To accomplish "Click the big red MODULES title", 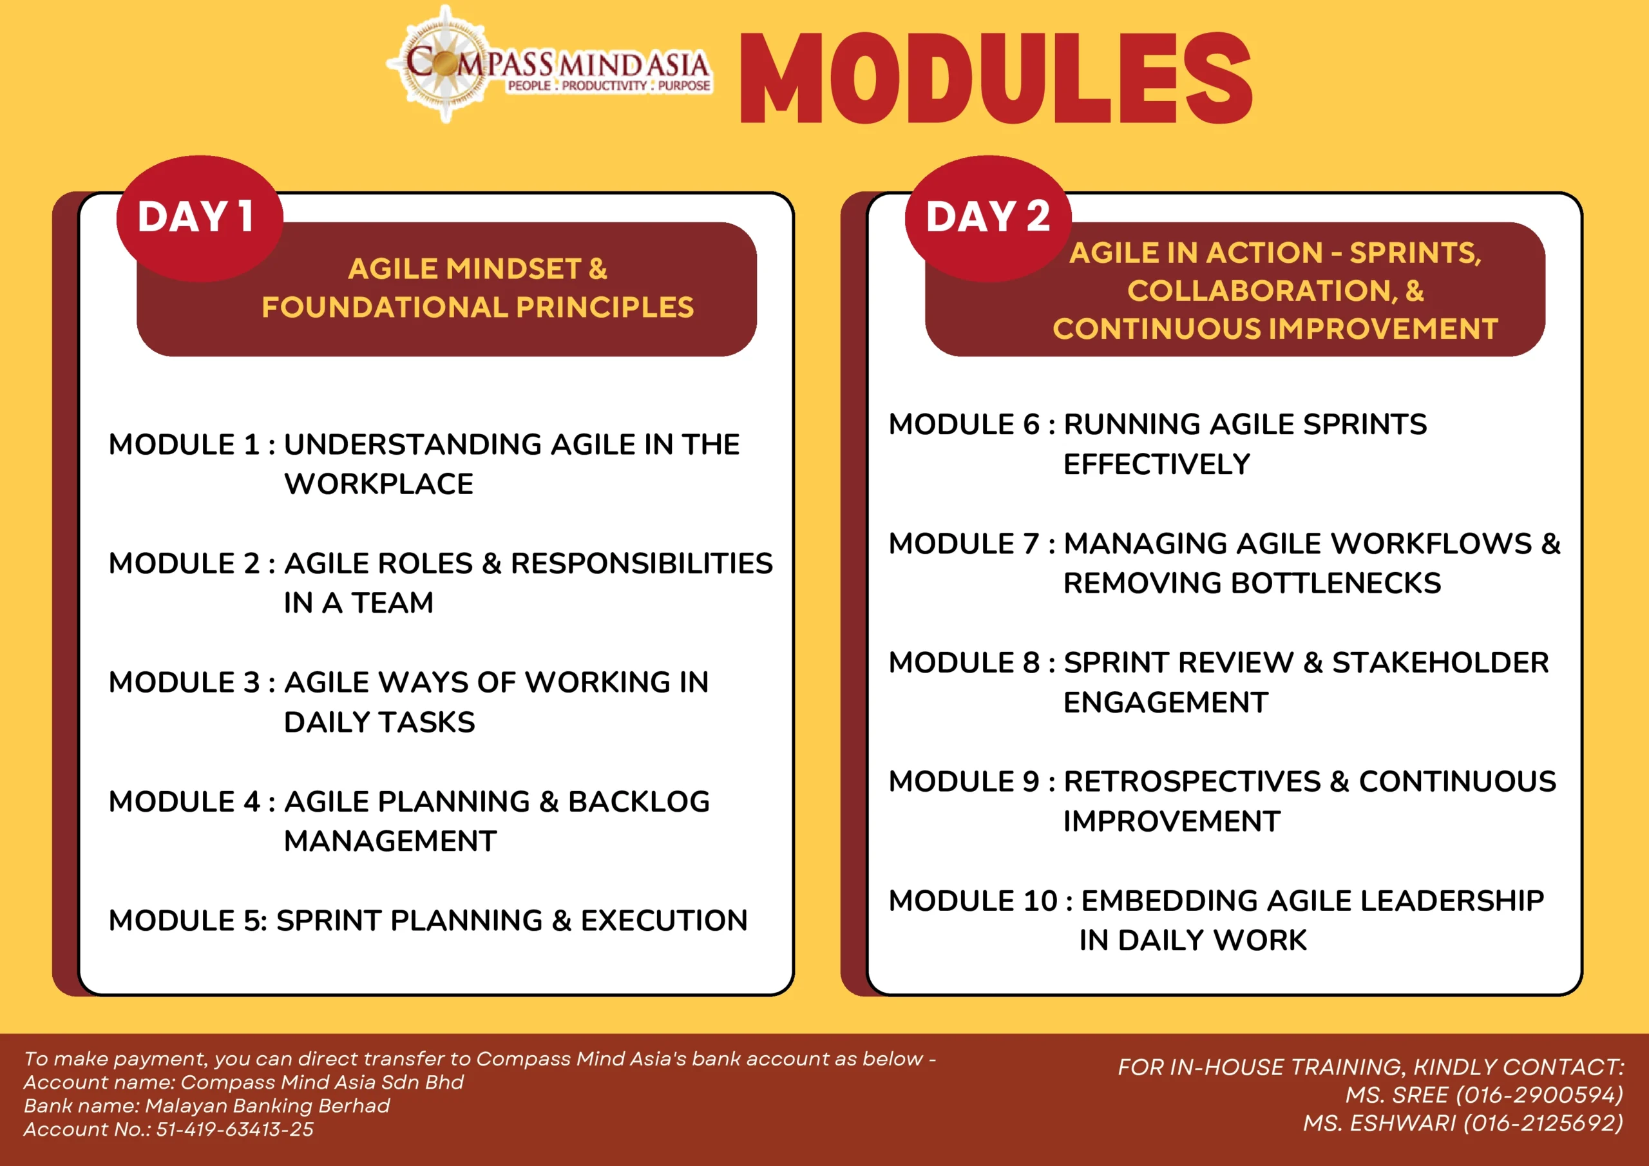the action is click(x=996, y=79).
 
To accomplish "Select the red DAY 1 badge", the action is click(x=200, y=218).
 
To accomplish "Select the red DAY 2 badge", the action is click(x=988, y=218).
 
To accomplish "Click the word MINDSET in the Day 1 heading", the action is click(x=513, y=269).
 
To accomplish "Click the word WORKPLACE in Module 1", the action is click(x=379, y=484).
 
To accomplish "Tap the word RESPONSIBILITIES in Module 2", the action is click(x=642, y=563).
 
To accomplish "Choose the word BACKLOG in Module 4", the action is click(x=638, y=802).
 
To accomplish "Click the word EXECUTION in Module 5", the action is click(x=664, y=921).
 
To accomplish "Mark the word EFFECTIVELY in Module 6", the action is click(x=1157, y=464).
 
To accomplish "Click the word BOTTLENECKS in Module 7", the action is click(x=1336, y=582).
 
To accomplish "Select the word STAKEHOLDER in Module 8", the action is click(x=1441, y=662).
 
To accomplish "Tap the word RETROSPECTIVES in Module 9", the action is click(x=1192, y=781).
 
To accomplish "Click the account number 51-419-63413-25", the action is click(x=235, y=1129).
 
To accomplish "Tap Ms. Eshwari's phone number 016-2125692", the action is click(x=1543, y=1123).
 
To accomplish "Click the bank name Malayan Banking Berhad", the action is click(x=268, y=1105).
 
